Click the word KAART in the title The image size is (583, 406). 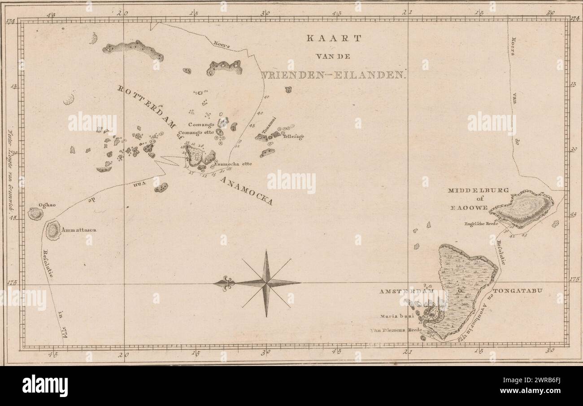click(x=333, y=39)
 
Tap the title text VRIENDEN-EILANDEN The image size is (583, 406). click(x=334, y=75)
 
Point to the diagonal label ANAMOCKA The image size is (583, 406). click(x=246, y=190)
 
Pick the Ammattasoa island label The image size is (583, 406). click(x=79, y=230)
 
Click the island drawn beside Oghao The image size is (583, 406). click(x=35, y=214)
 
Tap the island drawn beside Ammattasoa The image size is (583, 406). click(x=53, y=230)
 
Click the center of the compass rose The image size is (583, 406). click(x=266, y=282)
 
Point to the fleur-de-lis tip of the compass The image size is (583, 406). click(x=221, y=283)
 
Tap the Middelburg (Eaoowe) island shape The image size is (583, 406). click(x=522, y=208)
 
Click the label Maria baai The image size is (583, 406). click(x=396, y=316)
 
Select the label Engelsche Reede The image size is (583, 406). click(x=481, y=223)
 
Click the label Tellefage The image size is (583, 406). click(x=293, y=137)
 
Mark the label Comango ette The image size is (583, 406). click(x=196, y=132)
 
